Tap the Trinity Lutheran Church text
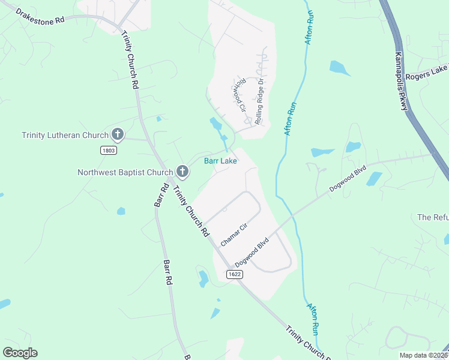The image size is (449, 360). (x=65, y=135)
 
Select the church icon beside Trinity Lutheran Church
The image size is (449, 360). (x=118, y=135)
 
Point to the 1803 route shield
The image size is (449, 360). (x=109, y=149)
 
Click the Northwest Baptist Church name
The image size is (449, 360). (x=125, y=172)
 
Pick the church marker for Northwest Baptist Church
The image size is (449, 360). (x=183, y=173)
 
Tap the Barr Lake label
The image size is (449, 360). (x=220, y=161)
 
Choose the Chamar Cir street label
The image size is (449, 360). (x=234, y=233)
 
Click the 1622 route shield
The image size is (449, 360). (x=235, y=274)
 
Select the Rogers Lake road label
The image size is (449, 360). (x=426, y=76)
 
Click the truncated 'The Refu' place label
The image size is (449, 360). (x=433, y=217)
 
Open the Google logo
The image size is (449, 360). (x=20, y=353)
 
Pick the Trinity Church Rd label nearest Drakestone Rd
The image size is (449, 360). (x=130, y=60)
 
